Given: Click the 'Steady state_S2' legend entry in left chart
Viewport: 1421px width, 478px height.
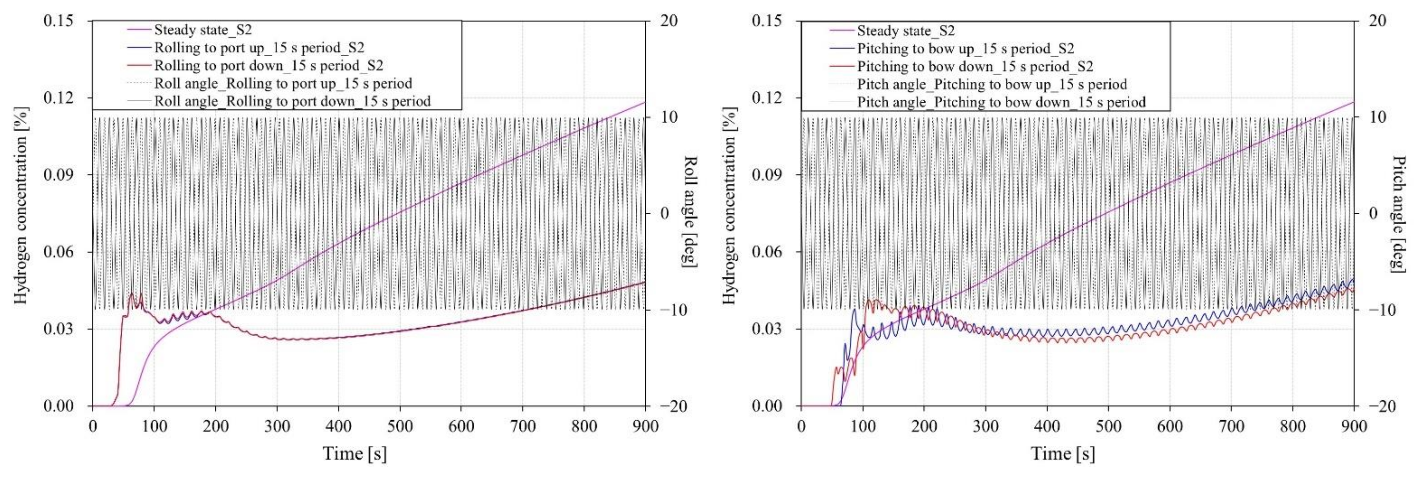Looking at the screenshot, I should [203, 30].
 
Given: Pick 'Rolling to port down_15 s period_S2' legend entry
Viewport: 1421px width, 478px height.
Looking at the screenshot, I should [268, 66].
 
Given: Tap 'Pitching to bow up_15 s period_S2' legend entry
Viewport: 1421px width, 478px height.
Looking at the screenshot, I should [965, 48].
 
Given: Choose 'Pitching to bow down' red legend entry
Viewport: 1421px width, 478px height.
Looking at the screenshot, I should [975, 67].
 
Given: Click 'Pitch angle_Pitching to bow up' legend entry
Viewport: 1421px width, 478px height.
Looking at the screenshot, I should [991, 84].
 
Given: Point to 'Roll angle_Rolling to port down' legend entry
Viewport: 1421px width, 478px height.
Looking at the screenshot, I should [292, 101].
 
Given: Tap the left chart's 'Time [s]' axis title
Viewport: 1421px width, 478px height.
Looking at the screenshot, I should [355, 454].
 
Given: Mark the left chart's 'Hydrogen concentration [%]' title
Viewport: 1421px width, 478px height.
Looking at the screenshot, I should [21, 205].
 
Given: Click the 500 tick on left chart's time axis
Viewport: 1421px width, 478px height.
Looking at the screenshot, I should [399, 426].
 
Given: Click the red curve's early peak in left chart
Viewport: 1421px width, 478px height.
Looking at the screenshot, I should [131, 294].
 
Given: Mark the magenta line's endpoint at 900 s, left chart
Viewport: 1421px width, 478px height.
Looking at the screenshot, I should [644, 103].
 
